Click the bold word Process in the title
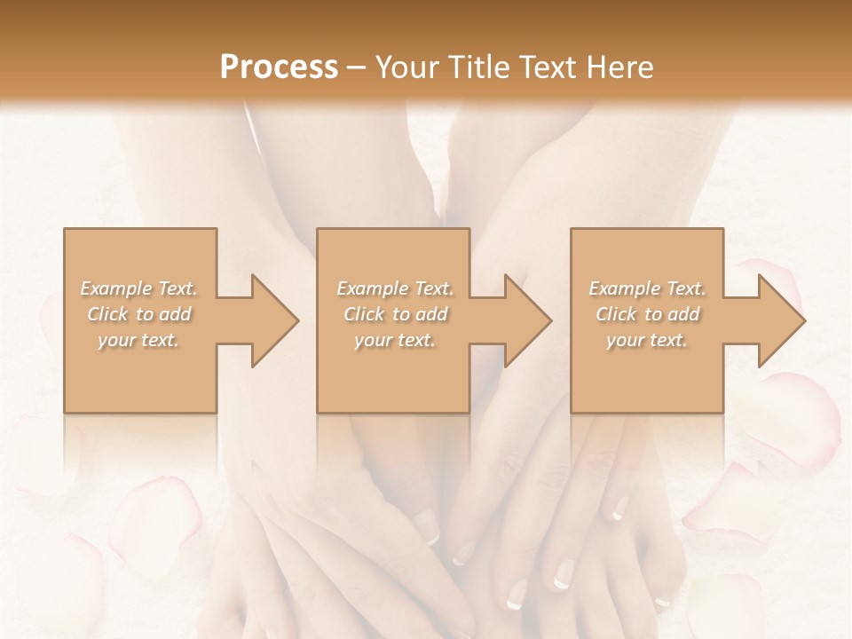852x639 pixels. (279, 67)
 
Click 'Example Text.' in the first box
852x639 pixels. (139, 288)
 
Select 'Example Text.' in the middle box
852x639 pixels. (394, 288)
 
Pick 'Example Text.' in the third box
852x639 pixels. (647, 288)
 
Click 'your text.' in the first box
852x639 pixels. (139, 340)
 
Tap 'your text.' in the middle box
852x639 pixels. (394, 340)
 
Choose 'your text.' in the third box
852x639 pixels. (647, 340)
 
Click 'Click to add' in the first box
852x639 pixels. (139, 314)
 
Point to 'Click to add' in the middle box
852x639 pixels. (394, 314)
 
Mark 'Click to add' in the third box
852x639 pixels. (647, 314)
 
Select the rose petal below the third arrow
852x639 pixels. (794, 417)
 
